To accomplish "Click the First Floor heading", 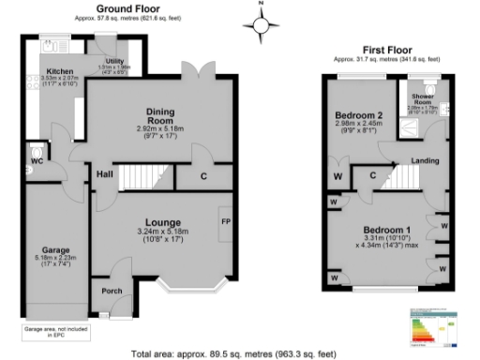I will tap(388, 49).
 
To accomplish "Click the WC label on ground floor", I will tap(37, 162).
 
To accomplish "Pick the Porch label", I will tap(112, 291).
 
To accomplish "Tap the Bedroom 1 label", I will tap(386, 230).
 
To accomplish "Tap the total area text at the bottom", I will tap(233, 353).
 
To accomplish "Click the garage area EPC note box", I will tap(47, 331).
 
